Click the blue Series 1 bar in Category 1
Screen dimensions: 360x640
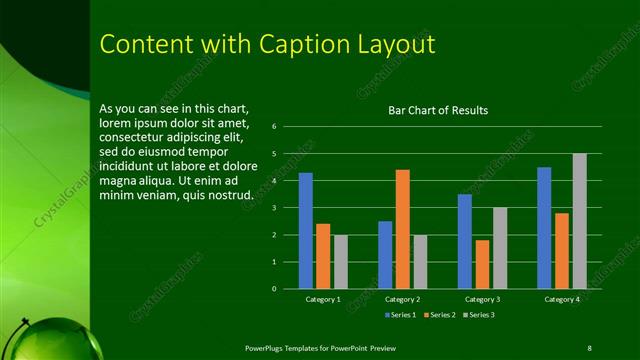(306, 231)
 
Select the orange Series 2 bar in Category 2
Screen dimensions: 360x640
(402, 229)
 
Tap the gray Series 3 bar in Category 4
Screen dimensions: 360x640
(579, 221)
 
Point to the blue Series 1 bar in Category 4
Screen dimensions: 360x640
(544, 228)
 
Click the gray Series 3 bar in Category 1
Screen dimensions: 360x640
(340, 262)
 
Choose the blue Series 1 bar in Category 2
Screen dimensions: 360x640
(385, 255)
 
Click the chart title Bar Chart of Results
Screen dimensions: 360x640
(438, 110)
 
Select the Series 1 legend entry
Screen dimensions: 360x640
(401, 315)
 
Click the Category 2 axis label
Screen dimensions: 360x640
(401, 299)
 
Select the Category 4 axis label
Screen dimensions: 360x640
(561, 299)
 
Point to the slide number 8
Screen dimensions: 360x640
(589, 347)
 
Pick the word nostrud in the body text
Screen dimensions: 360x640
(227, 194)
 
